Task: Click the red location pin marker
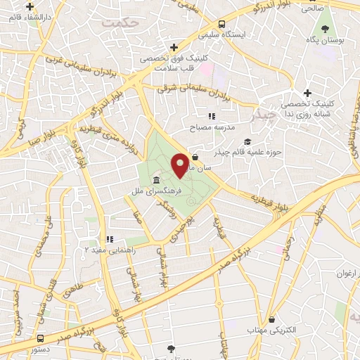[180, 165]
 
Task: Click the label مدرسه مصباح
[210, 128]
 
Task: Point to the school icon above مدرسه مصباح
[210, 117]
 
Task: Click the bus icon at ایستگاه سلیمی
[222, 22]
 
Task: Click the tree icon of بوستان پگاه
[325, 28]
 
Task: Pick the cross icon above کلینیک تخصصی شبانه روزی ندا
[307, 92]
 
